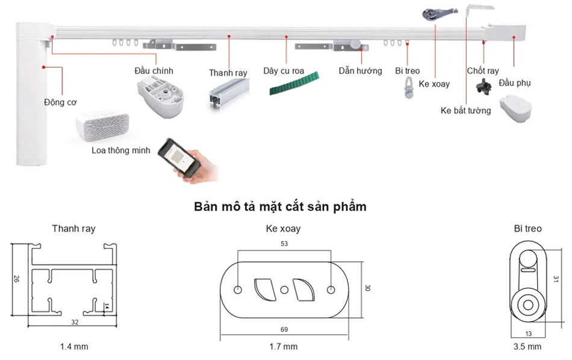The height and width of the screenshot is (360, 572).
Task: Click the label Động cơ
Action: [60, 102]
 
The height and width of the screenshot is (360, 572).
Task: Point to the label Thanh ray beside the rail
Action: [228, 73]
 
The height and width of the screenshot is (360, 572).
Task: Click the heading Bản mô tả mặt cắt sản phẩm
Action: [281, 207]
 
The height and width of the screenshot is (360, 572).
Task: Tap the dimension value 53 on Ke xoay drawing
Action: [284, 244]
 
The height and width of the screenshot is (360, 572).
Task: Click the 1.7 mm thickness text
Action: [284, 347]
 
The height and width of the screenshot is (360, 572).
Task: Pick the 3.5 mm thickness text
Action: [527, 347]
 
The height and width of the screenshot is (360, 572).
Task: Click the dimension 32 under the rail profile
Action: [75, 322]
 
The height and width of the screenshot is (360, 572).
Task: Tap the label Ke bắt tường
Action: [465, 110]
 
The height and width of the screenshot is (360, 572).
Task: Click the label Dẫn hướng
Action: [360, 71]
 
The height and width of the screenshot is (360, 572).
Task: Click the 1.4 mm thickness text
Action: [74, 347]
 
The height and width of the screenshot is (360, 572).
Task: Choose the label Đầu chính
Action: [154, 70]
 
